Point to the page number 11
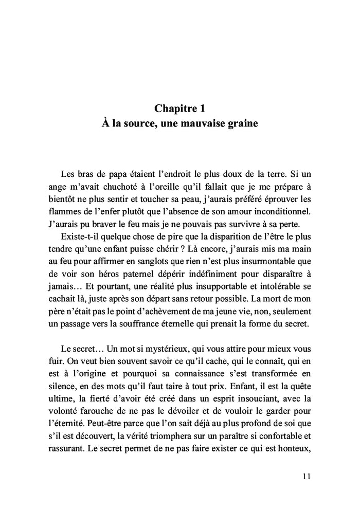tap(307, 476)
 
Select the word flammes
tap(76, 211)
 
